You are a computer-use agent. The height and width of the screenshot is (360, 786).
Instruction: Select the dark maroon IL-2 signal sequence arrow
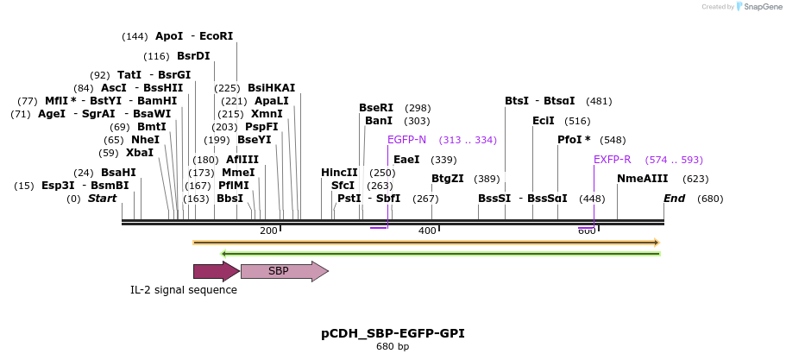pos(216,271)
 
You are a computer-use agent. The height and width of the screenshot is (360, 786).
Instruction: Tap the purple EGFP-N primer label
pos(406,140)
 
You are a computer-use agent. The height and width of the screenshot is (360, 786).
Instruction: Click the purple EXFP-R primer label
pos(613,160)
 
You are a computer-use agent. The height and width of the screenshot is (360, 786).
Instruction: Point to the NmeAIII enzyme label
pos(642,179)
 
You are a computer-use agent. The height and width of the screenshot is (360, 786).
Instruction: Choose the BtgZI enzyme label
pos(448,179)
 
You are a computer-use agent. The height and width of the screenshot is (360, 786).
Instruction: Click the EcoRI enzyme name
pos(216,36)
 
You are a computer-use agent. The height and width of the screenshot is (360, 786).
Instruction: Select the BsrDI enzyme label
pos(193,56)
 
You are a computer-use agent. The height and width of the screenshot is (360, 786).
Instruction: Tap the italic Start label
pos(102,199)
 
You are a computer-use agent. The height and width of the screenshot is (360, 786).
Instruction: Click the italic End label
pos(674,199)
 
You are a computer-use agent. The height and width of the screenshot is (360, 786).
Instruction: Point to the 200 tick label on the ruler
pos(268,231)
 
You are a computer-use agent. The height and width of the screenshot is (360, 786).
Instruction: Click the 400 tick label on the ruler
pos(427,231)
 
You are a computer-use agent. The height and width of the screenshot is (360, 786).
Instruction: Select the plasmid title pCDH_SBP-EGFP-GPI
pos(393,333)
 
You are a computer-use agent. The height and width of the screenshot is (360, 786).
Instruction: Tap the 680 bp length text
pos(393,347)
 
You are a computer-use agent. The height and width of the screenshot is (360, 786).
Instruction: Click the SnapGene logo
pos(757,6)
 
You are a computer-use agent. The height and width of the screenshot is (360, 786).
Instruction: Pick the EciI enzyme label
pos(544,121)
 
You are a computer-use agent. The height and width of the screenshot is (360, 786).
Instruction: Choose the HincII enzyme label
pos(339,173)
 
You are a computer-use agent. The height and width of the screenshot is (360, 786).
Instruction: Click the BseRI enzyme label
pos(376,108)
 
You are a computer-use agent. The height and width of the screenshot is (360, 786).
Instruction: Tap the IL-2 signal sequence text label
pos(184,290)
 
